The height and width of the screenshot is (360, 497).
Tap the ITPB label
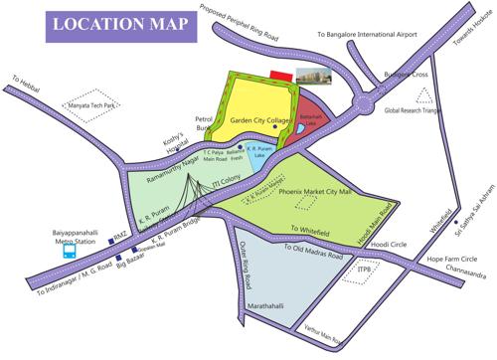point(367,268)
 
